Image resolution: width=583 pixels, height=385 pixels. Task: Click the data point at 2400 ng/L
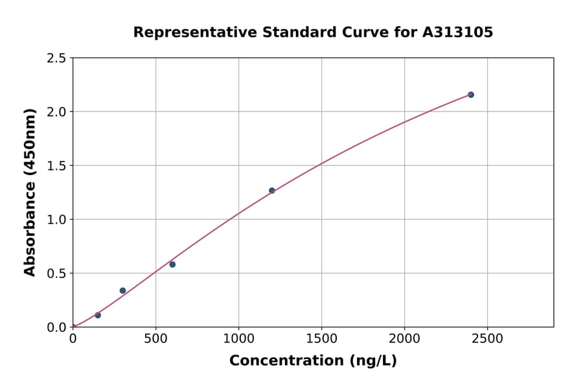(x=471, y=95)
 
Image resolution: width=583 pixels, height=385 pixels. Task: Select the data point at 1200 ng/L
(x=271, y=191)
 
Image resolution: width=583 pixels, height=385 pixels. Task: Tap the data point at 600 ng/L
(x=172, y=264)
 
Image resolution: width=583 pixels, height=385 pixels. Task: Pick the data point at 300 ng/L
(x=122, y=290)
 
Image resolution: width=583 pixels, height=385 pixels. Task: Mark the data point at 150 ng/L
(x=98, y=315)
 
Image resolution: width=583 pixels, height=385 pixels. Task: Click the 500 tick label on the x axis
(x=155, y=339)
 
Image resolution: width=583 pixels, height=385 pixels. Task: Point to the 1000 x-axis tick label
(x=238, y=339)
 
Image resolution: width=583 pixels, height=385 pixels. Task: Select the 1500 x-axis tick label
(x=321, y=339)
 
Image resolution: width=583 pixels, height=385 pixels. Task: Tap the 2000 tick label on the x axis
(x=404, y=339)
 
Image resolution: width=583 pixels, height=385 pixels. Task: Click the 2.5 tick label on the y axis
(x=56, y=58)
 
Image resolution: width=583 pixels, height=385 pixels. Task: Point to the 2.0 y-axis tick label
(x=56, y=112)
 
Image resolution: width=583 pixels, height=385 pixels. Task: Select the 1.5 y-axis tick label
(x=56, y=166)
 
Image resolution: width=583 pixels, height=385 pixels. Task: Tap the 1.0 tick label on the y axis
(x=56, y=220)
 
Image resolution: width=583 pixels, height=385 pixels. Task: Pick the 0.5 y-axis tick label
(x=56, y=274)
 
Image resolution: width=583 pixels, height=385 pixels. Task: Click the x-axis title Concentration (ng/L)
(x=313, y=361)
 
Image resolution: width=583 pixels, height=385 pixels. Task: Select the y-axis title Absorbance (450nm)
(x=30, y=192)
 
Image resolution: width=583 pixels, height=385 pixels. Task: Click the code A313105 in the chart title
(x=459, y=32)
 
